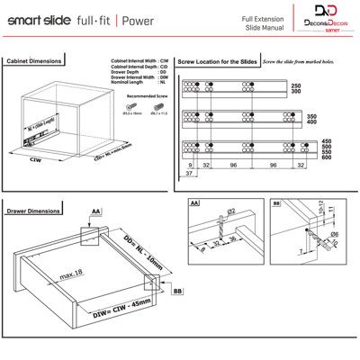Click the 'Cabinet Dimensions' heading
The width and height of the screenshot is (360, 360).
tap(33, 61)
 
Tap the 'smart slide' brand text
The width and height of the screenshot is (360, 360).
tap(34, 20)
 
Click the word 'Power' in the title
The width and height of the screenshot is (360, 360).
tap(138, 20)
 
